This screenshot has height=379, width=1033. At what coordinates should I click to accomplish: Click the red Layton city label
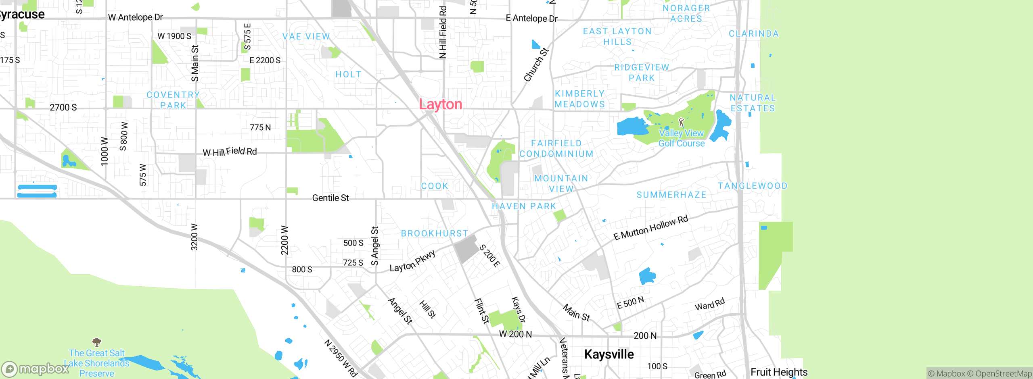pyautogui.click(x=440, y=104)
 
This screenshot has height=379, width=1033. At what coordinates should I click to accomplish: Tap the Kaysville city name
pyautogui.click(x=609, y=354)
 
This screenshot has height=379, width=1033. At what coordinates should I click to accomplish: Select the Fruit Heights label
pyautogui.click(x=779, y=372)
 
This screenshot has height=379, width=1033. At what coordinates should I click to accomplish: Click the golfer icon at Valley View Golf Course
pyautogui.click(x=681, y=122)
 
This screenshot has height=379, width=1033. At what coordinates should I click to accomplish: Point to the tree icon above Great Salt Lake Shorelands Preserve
pyautogui.click(x=97, y=342)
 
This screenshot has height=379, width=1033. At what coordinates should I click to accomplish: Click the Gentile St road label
pyautogui.click(x=330, y=198)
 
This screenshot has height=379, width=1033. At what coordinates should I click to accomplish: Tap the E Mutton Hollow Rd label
pyautogui.click(x=650, y=228)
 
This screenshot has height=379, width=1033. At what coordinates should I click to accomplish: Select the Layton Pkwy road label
pyautogui.click(x=412, y=261)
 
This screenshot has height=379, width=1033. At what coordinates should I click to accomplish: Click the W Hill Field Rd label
pyautogui.click(x=230, y=152)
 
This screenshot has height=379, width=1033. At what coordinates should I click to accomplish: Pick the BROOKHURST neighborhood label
pyautogui.click(x=435, y=233)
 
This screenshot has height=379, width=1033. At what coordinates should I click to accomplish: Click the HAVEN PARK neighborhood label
pyautogui.click(x=524, y=206)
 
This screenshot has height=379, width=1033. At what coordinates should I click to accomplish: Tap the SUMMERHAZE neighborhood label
pyautogui.click(x=671, y=195)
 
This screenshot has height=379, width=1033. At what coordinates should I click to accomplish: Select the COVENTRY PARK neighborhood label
pyautogui.click(x=173, y=100)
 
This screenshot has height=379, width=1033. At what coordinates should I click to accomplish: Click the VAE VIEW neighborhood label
pyautogui.click(x=306, y=37)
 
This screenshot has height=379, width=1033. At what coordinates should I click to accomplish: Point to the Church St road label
pyautogui.click(x=536, y=65)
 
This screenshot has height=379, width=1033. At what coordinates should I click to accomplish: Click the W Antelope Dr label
pyautogui.click(x=136, y=17)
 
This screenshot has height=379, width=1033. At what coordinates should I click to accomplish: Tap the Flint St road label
pyautogui.click(x=481, y=311)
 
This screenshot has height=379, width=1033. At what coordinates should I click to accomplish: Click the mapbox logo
pyautogui.click(x=35, y=369)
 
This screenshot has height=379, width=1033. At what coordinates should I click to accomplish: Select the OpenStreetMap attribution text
pyautogui.click(x=1003, y=374)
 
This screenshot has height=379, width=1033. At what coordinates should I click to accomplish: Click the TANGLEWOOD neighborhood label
pyautogui.click(x=753, y=186)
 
